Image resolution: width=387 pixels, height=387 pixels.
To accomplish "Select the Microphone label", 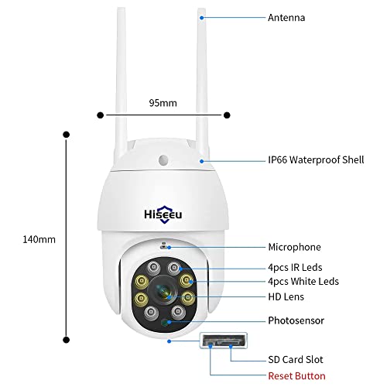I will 293,247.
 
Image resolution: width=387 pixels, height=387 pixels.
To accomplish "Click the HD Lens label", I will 286,296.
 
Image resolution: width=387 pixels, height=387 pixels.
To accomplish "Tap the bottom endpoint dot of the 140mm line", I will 67,337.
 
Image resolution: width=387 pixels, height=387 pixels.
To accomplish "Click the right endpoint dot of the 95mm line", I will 227,116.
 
